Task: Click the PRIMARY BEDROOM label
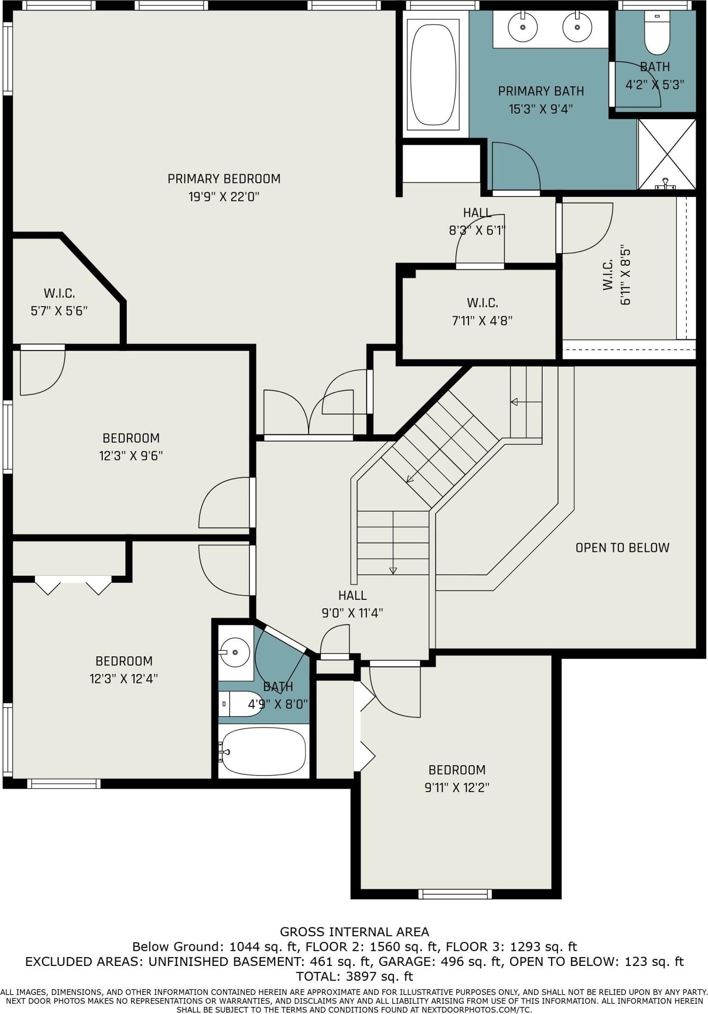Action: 224,179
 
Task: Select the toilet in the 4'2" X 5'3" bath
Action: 657,33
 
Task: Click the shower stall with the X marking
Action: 667,154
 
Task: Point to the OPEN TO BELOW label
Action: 622,548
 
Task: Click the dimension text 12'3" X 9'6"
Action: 131,456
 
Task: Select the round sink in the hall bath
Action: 235,653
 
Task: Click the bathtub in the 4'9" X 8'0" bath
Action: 263,752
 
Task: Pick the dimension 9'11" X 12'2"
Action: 457,787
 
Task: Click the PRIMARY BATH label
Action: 541,91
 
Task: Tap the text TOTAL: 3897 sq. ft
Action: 354,976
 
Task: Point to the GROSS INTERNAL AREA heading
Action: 354,932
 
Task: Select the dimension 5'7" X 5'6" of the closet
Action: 59,311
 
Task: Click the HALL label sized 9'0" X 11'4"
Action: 353,595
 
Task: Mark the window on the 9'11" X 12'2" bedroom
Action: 455,893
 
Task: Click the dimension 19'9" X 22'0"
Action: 224,196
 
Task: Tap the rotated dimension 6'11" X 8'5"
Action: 626,275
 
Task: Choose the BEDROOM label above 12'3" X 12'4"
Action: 124,661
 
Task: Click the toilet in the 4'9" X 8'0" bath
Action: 240,703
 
